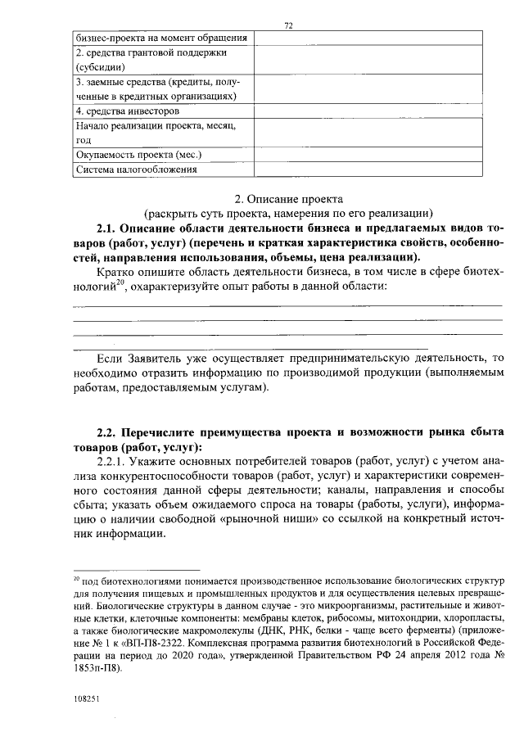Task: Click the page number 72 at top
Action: [288, 26]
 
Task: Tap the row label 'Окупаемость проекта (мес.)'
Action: [138, 155]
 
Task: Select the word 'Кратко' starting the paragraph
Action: [114, 269]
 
